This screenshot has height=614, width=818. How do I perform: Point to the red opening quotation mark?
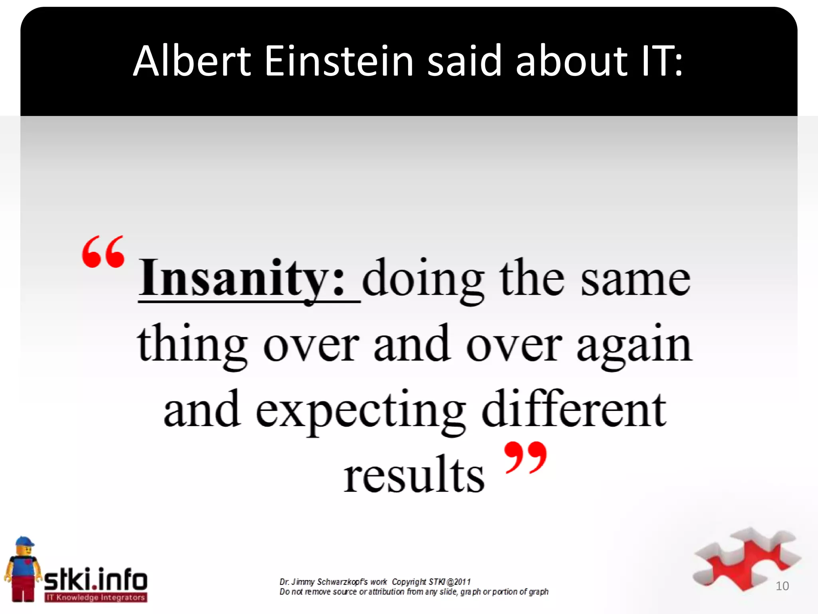pos(103,252)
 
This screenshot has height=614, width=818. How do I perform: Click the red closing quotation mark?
pos(525,458)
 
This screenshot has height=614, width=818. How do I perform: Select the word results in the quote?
pos(414,474)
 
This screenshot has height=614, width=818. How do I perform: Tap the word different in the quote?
pos(574,409)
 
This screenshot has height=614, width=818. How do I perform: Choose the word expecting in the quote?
pos(361,412)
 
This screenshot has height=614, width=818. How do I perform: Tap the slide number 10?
pos(782,586)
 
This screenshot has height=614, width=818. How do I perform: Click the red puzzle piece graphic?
pos(743,560)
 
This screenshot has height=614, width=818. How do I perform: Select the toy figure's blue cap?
pos(25,542)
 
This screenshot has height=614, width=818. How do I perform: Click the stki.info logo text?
pos(96,579)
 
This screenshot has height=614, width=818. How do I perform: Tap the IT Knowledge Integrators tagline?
pos(96,598)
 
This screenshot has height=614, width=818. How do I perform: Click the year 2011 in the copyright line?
pos(463,582)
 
